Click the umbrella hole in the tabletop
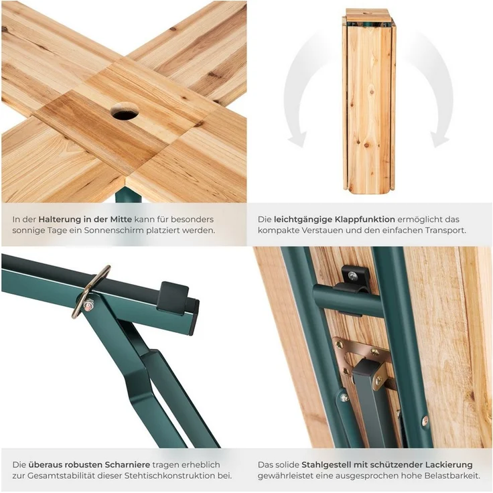coord(125,111)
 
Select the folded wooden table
coord(368,101)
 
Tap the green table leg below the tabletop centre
coord(128,195)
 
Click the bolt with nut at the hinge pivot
coord(88,304)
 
